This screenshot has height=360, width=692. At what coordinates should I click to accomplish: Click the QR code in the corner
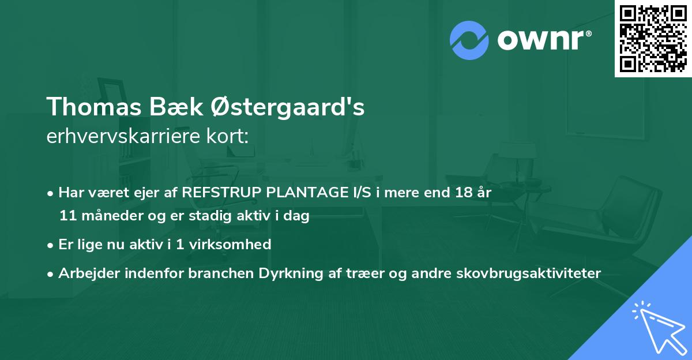click(653, 39)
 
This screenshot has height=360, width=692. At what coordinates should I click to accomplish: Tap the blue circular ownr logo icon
click(469, 40)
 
